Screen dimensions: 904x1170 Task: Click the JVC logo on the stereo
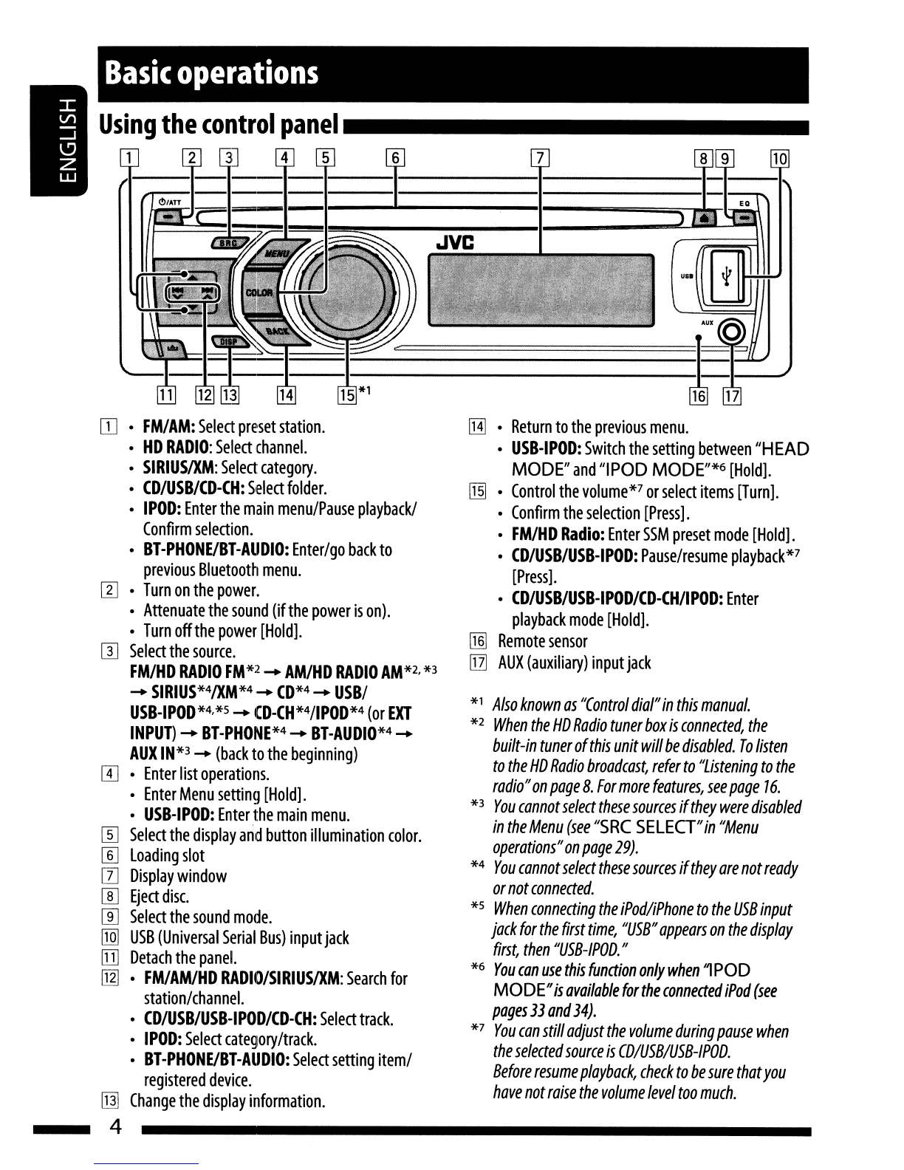[x=455, y=243]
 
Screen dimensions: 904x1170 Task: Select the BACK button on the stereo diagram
[x=278, y=331]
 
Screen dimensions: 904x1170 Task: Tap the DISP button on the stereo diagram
[x=230, y=341]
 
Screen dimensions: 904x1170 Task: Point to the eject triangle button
[x=705, y=217]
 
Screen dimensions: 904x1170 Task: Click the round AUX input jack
[x=732, y=332]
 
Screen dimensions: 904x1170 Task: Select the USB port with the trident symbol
[x=727, y=276]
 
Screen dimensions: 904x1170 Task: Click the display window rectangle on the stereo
[x=541, y=290]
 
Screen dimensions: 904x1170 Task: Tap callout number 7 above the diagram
[x=540, y=158]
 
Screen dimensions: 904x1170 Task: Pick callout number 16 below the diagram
[x=699, y=397]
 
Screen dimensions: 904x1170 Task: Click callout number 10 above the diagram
[x=780, y=158]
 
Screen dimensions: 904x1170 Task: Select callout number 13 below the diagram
[x=230, y=395]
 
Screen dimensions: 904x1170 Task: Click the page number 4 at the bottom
[x=115, y=1126]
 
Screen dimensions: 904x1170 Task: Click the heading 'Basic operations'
[x=211, y=72]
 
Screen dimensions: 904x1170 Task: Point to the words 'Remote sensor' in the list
[x=542, y=641]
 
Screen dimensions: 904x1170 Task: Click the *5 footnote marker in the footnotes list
[x=478, y=905]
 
